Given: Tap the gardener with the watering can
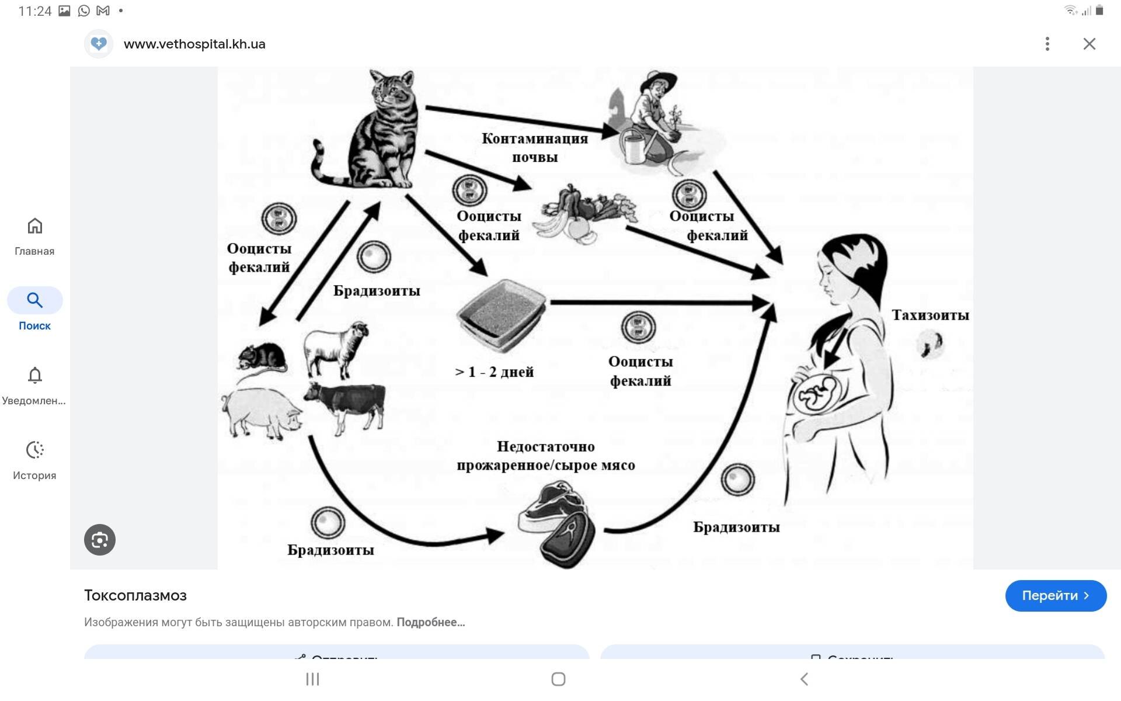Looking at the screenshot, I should tap(654, 123).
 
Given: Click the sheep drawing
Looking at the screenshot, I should tap(336, 348).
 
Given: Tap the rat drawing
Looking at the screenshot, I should tap(263, 356).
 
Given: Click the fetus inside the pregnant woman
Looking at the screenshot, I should tap(817, 394).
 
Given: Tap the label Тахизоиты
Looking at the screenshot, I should tap(930, 315).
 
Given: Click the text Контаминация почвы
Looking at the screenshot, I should tap(535, 148).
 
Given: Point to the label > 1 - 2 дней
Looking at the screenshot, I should tap(494, 372).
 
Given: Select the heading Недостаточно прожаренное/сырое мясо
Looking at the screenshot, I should tap(545, 456).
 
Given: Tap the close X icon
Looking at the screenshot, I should tap(1089, 44).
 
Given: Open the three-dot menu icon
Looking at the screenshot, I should tap(1047, 44).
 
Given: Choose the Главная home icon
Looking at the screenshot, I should tap(35, 226).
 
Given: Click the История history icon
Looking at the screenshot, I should tap(35, 450).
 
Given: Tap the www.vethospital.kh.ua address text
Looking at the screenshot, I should tap(194, 44).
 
